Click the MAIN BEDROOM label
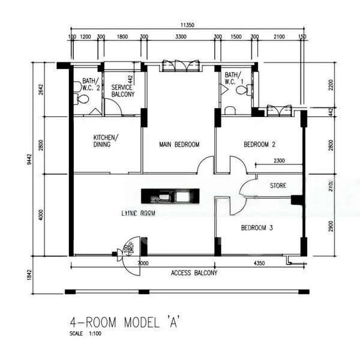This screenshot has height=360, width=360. pos(179,145)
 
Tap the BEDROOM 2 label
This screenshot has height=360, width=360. pos(259,145)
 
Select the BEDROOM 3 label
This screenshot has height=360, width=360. pos(257,228)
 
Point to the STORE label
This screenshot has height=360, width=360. pos(278,185)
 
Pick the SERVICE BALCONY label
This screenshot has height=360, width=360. pos(122,91)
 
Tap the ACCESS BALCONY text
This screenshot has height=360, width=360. pos(194,273)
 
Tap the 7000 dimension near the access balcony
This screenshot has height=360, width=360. pos(142,263)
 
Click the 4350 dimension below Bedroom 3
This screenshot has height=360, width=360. pos(259,263)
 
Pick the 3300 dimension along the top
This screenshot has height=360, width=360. pos(180,37)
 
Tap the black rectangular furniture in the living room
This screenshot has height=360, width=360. pos(169,196)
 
